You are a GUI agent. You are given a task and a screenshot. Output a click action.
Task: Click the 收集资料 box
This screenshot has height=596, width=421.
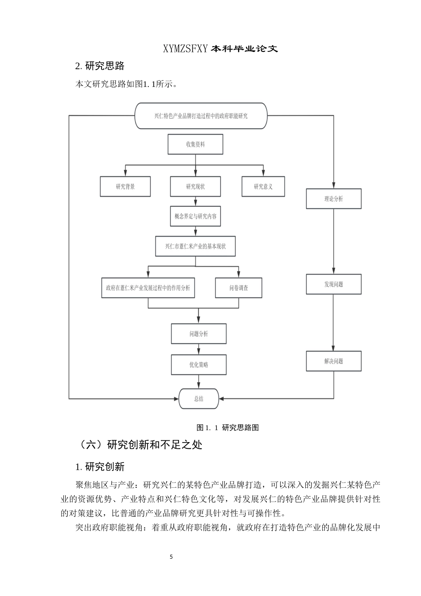(195, 145)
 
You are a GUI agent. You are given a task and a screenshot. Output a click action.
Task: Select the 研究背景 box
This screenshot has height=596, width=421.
(125, 187)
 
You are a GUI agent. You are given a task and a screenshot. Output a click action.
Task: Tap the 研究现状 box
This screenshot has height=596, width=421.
(195, 187)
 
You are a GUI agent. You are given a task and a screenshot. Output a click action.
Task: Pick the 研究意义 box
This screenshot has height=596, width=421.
(263, 187)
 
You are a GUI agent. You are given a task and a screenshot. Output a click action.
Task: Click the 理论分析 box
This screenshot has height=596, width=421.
(333, 199)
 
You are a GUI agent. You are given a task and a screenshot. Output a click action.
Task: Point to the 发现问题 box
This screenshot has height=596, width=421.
(333, 284)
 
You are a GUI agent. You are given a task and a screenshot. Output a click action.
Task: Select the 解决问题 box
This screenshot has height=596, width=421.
(333, 361)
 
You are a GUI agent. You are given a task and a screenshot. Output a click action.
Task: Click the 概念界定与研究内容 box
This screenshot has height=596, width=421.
(195, 216)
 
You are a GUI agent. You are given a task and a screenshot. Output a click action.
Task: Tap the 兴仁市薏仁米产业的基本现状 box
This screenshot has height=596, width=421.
(195, 246)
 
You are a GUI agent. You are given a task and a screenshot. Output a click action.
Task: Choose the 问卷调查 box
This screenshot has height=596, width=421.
(239, 288)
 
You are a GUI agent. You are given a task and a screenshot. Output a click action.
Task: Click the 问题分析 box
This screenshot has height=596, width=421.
(199, 333)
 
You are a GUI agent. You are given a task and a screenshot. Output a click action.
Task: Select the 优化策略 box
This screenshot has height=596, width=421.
(199, 365)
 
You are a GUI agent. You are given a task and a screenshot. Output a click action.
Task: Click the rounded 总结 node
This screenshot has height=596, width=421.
(199, 399)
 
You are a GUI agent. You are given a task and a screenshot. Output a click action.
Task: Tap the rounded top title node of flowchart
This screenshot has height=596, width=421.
(201, 116)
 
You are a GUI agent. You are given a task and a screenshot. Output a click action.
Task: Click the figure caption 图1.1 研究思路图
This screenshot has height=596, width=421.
(227, 427)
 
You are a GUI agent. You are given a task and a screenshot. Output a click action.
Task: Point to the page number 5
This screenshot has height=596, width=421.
(172, 557)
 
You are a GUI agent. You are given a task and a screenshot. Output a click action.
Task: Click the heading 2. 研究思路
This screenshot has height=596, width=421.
(100, 66)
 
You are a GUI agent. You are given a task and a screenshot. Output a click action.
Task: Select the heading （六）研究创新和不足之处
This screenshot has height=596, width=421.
(139, 444)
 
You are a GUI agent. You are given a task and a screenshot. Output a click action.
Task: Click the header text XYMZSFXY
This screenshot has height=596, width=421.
(185, 49)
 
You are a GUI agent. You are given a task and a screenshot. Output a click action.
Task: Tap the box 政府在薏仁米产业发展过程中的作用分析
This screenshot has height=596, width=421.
(148, 288)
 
